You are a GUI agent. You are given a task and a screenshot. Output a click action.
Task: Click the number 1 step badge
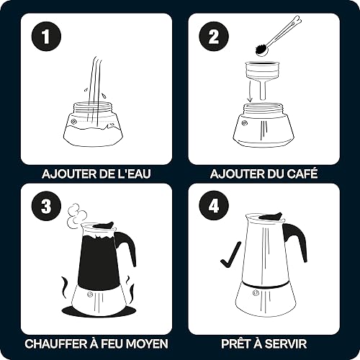(46, 36)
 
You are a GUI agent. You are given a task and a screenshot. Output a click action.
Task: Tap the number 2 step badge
(214, 36)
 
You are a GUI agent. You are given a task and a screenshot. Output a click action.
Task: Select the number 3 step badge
(46, 206)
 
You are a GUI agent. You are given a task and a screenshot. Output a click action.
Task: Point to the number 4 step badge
(214, 206)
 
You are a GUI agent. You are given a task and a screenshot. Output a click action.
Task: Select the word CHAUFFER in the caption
(55, 343)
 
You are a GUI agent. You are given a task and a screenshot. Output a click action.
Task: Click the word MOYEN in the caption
(147, 343)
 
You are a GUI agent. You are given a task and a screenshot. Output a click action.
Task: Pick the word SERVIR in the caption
(286, 343)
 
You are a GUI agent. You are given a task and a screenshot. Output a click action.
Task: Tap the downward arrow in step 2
(251, 92)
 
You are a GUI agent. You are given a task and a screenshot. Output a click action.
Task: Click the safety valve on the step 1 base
(73, 122)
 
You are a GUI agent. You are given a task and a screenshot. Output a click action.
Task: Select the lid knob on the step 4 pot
(271, 217)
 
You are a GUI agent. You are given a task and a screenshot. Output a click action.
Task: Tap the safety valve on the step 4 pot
(256, 292)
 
